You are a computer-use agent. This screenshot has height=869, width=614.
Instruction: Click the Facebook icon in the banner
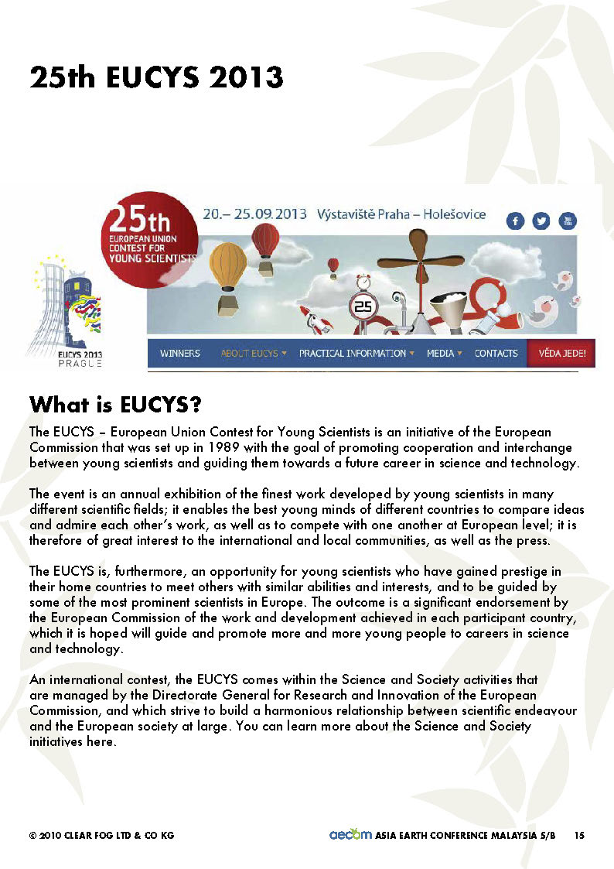[x=516, y=221]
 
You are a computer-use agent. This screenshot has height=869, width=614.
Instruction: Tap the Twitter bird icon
[x=541, y=221]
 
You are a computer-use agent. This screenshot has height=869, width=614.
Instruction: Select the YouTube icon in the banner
[x=568, y=221]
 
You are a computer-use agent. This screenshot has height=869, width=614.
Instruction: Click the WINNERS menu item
[x=180, y=354]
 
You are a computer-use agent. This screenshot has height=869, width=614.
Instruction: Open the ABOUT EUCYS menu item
[x=253, y=354]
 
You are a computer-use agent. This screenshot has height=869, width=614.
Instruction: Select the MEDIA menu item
[x=444, y=354]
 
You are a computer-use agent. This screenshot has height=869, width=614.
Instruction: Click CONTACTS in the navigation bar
[x=496, y=354]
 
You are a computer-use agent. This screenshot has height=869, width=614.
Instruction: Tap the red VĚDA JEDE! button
[x=561, y=354]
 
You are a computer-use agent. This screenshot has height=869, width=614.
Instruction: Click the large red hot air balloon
[x=266, y=241]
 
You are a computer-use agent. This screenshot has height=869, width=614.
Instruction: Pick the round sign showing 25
[x=363, y=306]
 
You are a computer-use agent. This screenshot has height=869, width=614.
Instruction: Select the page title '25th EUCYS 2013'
[x=156, y=78]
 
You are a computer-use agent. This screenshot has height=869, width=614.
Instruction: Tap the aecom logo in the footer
[x=350, y=834]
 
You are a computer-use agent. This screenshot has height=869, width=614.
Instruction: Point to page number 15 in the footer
[x=579, y=835]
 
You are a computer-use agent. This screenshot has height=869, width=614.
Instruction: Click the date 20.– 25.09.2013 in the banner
[x=254, y=214]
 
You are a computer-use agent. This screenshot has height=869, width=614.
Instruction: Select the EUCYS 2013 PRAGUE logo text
[x=70, y=358]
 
